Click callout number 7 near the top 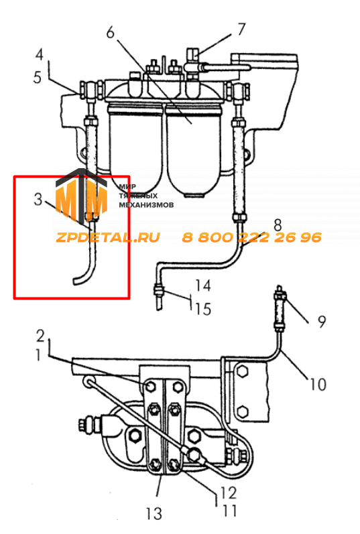pyautogui.click(x=241, y=29)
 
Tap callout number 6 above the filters pyautogui.click(x=111, y=33)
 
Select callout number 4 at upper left pyautogui.click(x=40, y=54)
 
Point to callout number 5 pyautogui.click(x=38, y=78)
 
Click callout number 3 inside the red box pyautogui.click(x=38, y=200)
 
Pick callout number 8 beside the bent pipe pyautogui.click(x=278, y=225)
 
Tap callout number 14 pyautogui.click(x=203, y=285)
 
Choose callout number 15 pyautogui.click(x=203, y=309)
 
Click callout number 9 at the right pyautogui.click(x=322, y=322)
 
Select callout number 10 pyautogui.click(x=318, y=385)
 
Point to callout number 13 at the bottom pyautogui.click(x=154, y=513)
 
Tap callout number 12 pyautogui.click(x=228, y=492)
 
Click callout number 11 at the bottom pyautogui.click(x=229, y=511)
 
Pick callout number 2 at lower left pyautogui.click(x=41, y=336)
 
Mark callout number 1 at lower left pyautogui.click(x=38, y=356)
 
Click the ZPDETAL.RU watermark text pyautogui.click(x=108, y=237)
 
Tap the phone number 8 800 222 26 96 pyautogui.click(x=251, y=237)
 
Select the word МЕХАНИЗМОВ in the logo pyautogui.click(x=146, y=205)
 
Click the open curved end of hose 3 pyautogui.click(x=74, y=281)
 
